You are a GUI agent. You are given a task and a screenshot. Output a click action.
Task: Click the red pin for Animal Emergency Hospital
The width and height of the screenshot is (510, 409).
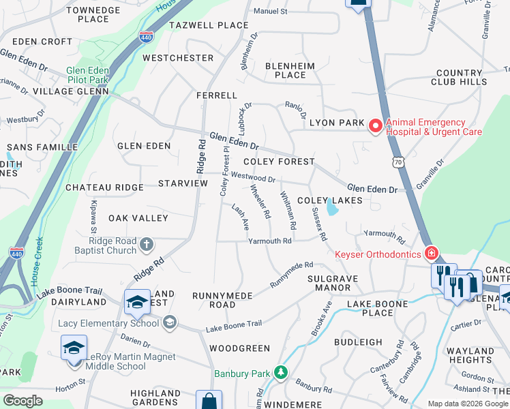point(374,126)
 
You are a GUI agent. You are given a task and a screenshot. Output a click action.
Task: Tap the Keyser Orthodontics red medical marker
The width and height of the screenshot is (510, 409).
point(431,254)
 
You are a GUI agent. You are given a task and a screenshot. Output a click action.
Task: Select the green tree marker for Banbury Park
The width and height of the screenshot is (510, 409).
point(280,373)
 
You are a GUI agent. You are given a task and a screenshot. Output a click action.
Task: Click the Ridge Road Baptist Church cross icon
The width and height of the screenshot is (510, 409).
point(146,245)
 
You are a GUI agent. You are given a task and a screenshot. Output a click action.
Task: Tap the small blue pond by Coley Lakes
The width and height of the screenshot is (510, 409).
point(331,207)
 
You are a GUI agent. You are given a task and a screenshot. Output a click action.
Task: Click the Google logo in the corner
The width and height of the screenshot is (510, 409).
point(22,401)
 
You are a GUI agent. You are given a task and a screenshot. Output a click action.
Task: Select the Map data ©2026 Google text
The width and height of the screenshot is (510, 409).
point(467,404)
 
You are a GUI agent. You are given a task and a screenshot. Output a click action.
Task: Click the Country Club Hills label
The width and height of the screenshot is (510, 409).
point(459,77)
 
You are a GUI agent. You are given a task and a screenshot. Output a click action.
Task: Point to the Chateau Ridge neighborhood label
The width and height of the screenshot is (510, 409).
point(104,187)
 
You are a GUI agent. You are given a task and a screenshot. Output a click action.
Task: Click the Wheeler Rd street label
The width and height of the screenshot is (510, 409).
point(261,202)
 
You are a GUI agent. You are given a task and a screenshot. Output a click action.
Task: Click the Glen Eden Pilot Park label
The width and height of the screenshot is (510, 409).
point(88,75)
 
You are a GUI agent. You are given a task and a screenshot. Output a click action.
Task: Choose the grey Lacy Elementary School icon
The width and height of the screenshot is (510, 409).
point(170,322)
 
